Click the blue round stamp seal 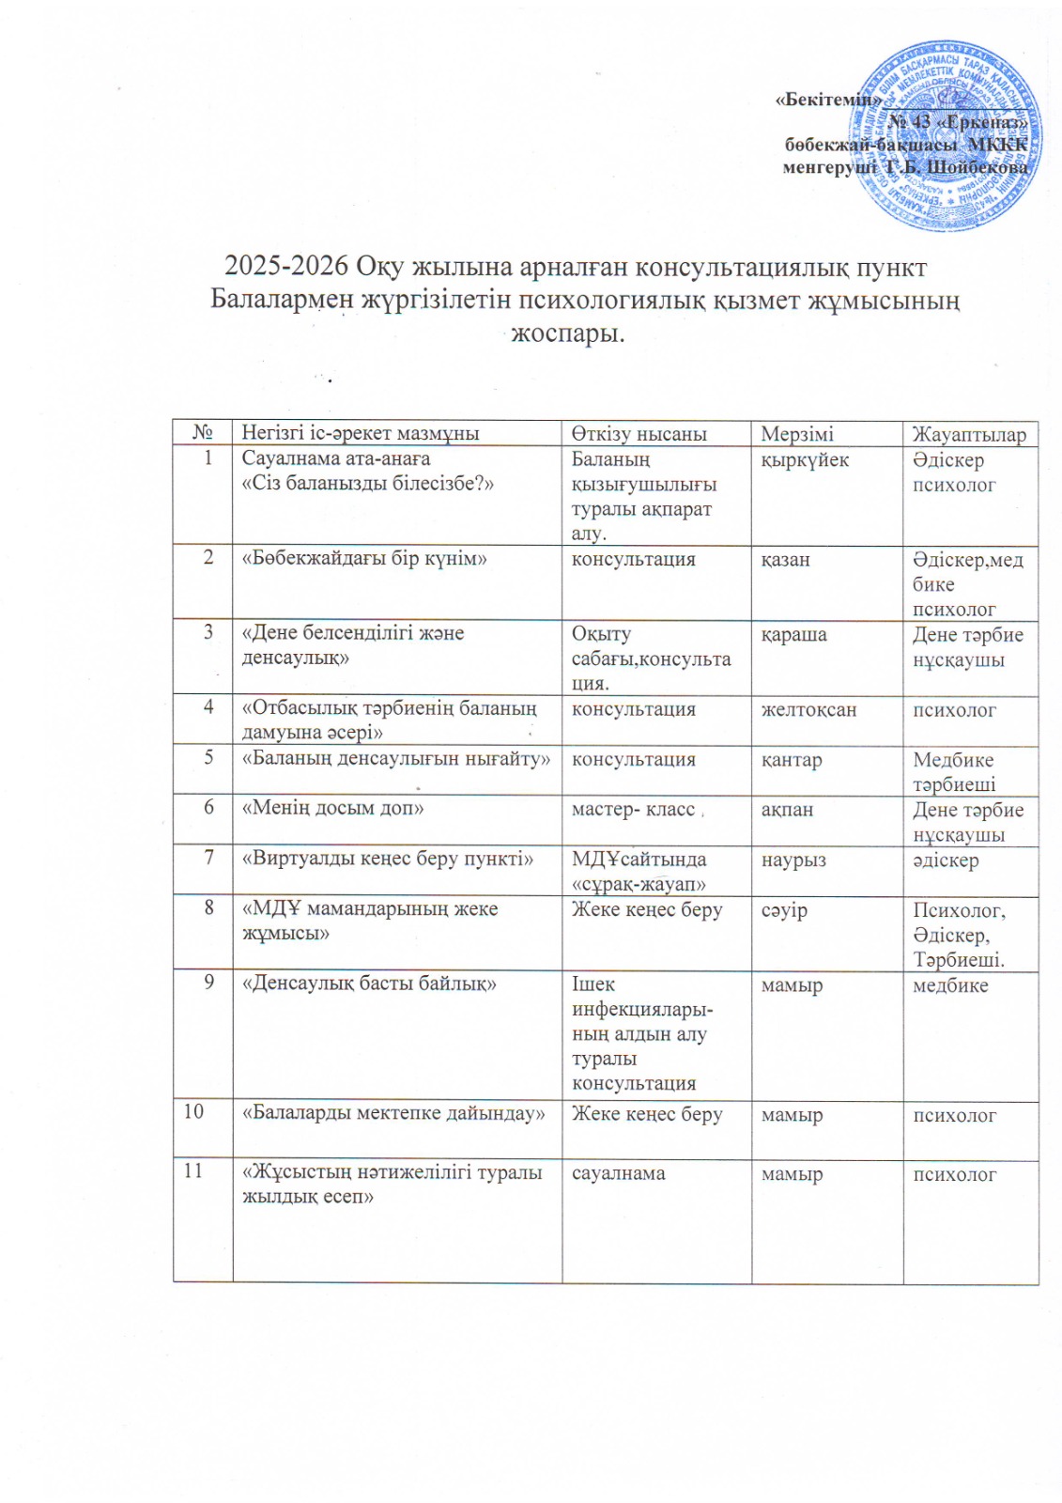(946, 136)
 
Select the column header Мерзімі (796, 434)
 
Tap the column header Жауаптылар (969, 434)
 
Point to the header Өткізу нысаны (639, 434)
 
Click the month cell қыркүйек (805, 460)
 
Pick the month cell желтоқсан (808, 710)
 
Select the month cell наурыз (793, 860)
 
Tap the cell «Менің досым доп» (332, 808)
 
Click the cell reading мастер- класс (634, 809)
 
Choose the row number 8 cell (209, 908)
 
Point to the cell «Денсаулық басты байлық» (369, 984)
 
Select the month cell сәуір (784, 910)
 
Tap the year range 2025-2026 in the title (286, 268)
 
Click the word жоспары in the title (567, 333)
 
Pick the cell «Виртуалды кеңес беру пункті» (388, 859)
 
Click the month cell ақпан (787, 810)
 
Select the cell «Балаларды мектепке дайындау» (393, 1114)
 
